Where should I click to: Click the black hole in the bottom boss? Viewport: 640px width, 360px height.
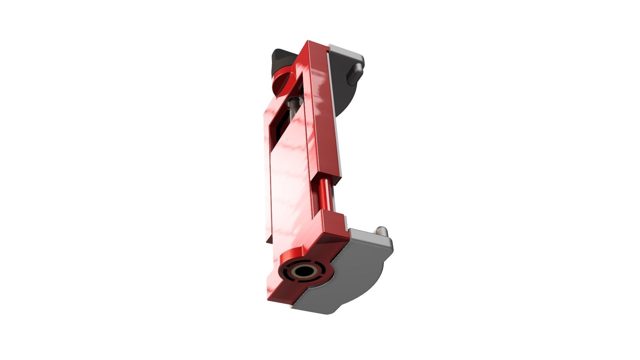pos(304,272)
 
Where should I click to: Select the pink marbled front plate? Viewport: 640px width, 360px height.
pos(290,187)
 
